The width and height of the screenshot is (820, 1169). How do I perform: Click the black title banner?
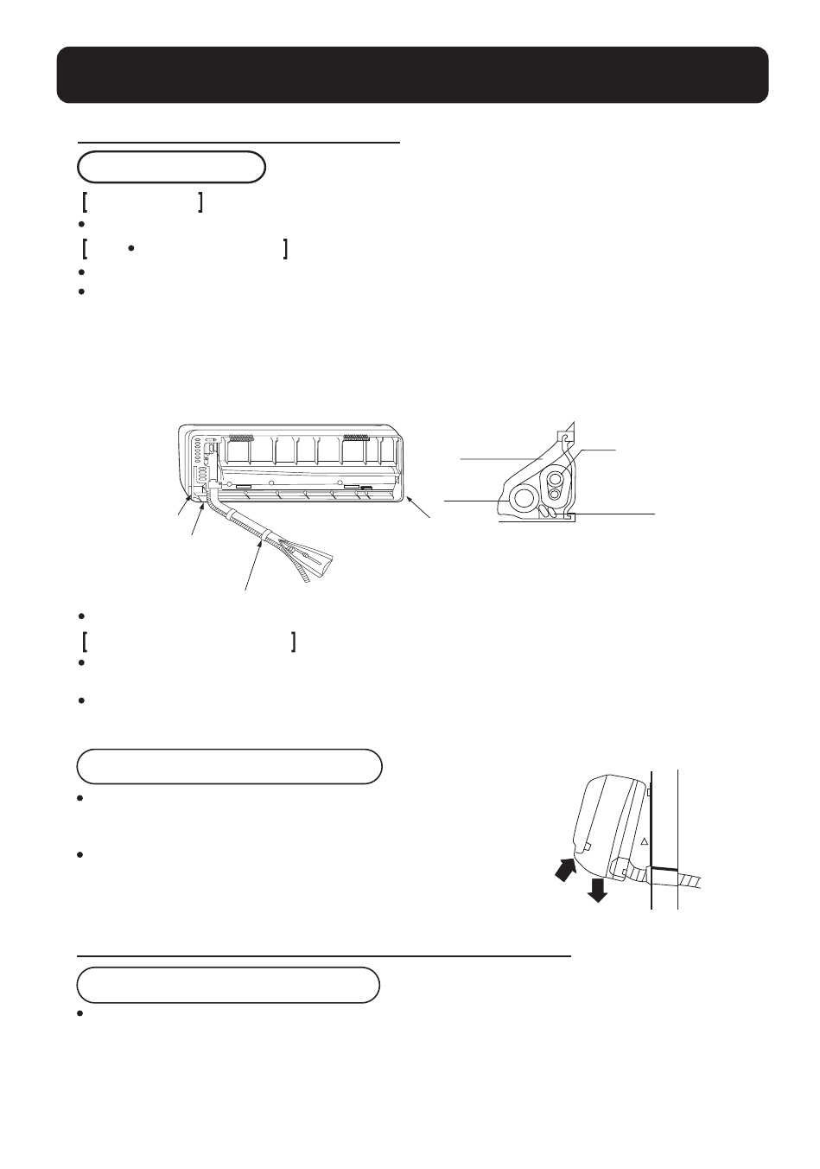click(x=412, y=75)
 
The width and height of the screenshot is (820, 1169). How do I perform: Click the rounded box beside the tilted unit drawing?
click(x=229, y=766)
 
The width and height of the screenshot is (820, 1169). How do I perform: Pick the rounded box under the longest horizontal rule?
click(x=228, y=985)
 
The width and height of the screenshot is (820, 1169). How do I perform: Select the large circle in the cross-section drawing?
click(x=524, y=497)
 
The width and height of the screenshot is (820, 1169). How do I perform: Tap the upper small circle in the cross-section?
click(x=554, y=476)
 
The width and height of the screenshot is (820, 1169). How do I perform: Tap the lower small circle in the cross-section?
click(x=554, y=494)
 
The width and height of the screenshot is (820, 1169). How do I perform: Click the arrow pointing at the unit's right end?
click(x=417, y=508)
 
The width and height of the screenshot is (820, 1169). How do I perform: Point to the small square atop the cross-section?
click(x=565, y=438)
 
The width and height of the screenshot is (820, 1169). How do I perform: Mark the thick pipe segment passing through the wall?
click(x=664, y=868)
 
